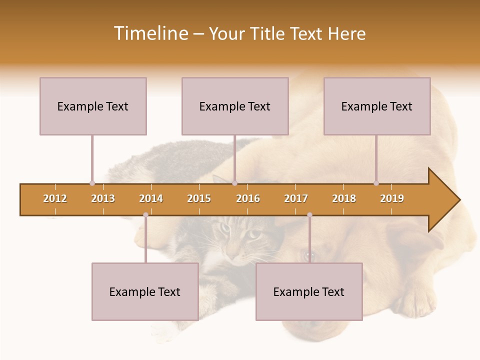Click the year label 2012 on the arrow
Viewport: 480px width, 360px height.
pos(55,198)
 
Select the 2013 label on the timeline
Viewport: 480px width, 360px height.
pos(103,198)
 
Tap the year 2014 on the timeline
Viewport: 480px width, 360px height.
pos(151,198)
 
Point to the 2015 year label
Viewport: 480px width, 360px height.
pos(199,198)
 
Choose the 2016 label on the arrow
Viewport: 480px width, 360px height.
pos(248,198)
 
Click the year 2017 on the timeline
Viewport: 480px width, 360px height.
pos(296,198)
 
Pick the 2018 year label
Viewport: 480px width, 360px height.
pos(344,198)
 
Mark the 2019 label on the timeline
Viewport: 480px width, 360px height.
pos(392,198)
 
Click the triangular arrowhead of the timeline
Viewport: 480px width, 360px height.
pos(442,200)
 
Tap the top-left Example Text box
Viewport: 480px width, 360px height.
pos(93,106)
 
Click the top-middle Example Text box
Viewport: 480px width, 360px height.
pos(235,106)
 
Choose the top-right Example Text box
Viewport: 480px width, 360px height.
pos(377,106)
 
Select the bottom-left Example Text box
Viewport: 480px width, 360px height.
pos(145,291)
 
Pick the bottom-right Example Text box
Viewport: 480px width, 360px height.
pos(309,291)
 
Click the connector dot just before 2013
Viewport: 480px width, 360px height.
pos(92,183)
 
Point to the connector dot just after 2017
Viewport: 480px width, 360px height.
pos(309,215)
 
